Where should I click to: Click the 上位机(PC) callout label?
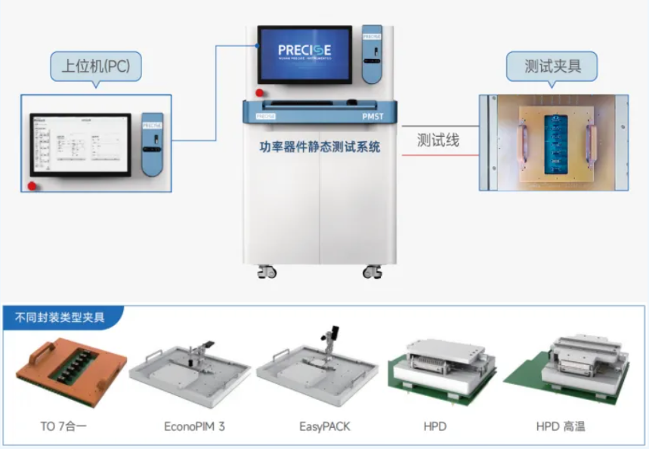point(95,66)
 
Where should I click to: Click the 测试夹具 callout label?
point(552,66)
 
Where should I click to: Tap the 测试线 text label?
point(438,140)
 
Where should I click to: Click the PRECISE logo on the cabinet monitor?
point(304,51)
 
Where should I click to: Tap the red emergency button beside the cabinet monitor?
point(259,92)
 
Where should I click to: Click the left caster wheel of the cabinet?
point(267,271)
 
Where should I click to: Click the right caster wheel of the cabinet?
point(372,271)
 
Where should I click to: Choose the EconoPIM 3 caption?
point(194,426)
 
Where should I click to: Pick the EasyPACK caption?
point(325,426)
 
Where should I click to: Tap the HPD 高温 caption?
point(561,426)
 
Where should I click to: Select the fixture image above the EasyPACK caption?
point(317,367)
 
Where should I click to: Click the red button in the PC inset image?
point(32,185)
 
